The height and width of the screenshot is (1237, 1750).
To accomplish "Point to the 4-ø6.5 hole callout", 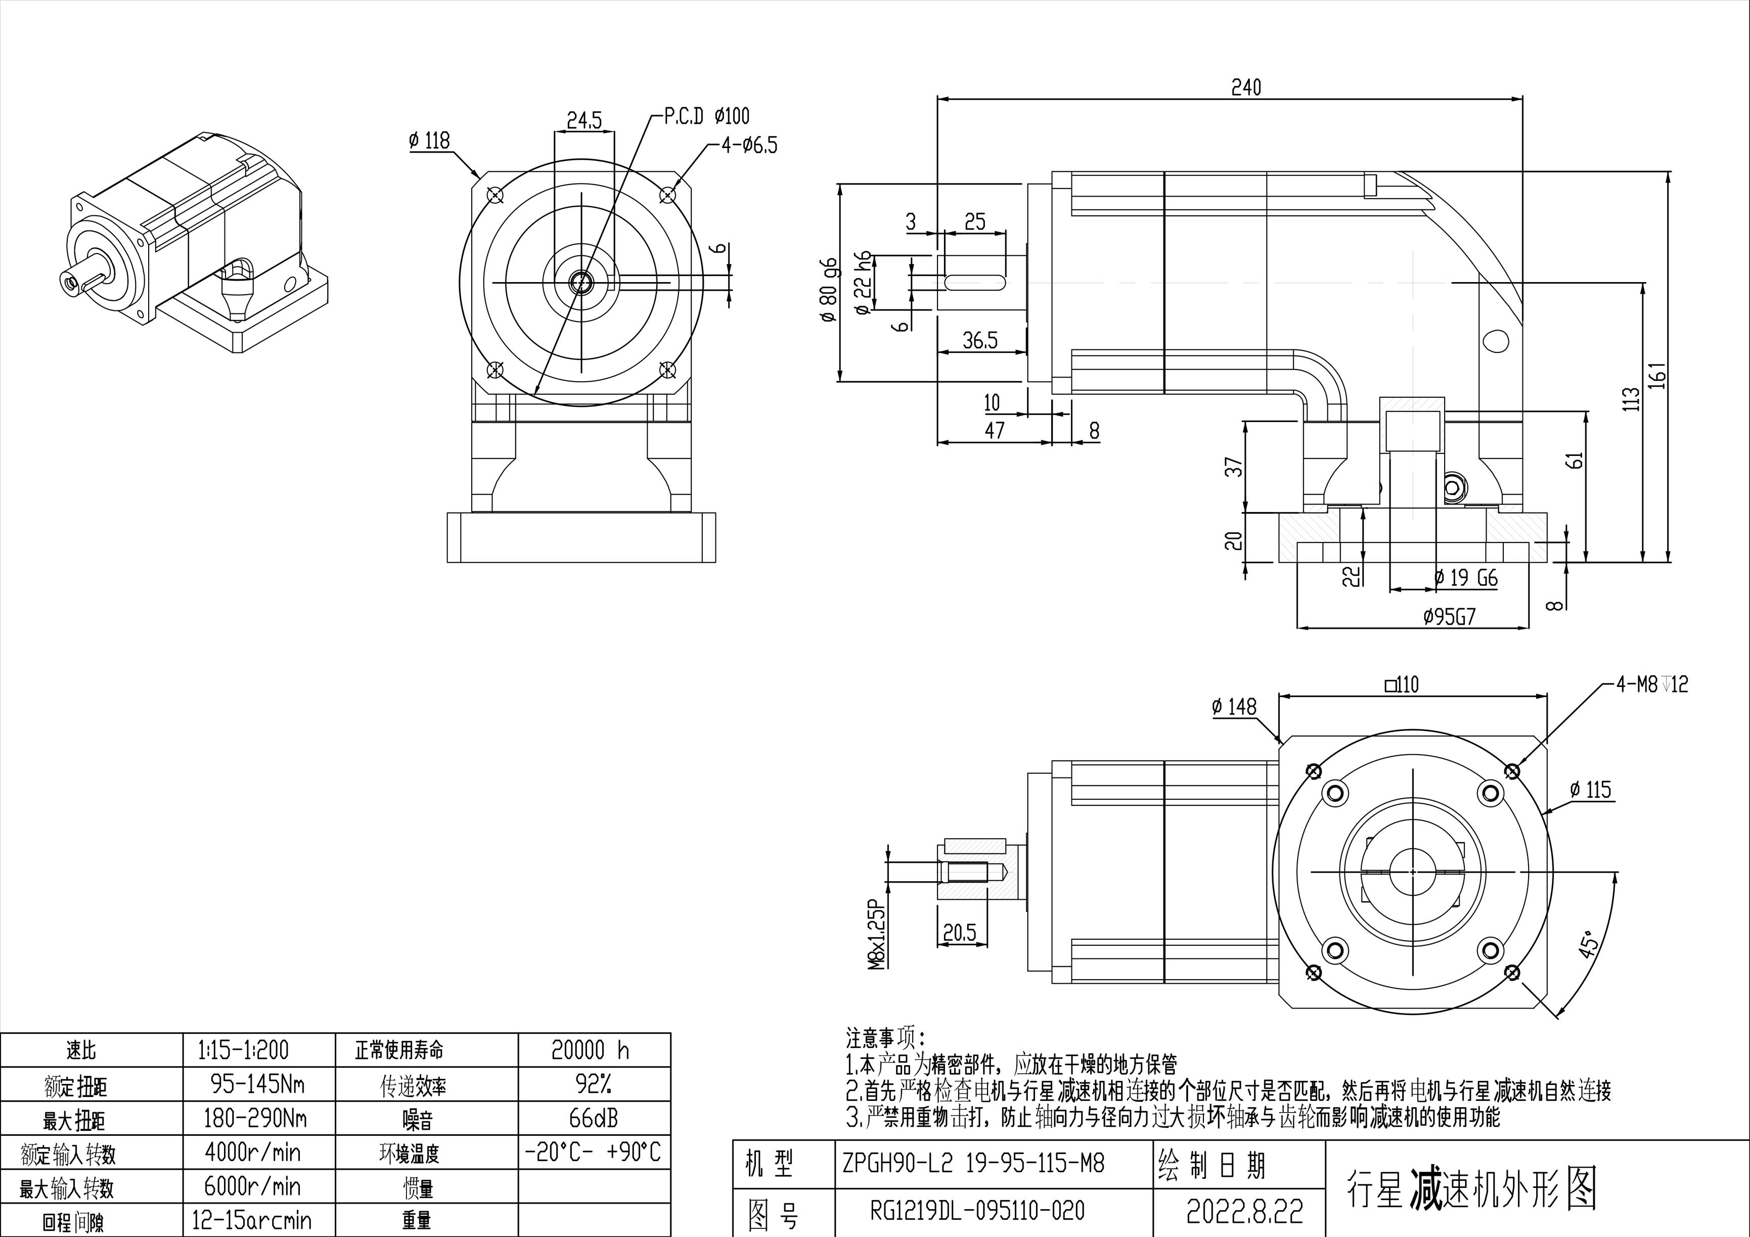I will click(749, 145).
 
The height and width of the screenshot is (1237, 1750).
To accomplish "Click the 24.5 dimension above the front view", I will click(584, 120).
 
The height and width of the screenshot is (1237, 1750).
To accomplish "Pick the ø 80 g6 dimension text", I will click(829, 290).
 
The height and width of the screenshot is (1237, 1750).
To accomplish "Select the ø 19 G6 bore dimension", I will click(1465, 578).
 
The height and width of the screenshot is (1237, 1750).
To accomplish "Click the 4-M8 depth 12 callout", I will click(1652, 684).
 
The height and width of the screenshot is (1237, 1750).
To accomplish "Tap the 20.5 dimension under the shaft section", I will click(959, 932).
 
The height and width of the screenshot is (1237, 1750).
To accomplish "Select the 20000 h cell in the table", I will click(591, 1050).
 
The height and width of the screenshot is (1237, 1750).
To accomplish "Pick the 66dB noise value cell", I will click(593, 1118).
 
